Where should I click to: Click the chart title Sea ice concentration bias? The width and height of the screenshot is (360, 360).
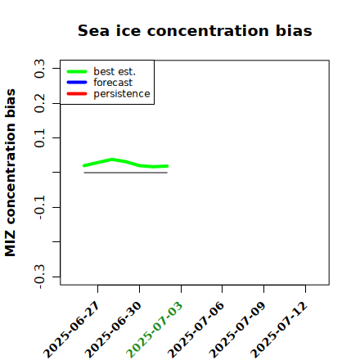(195, 30)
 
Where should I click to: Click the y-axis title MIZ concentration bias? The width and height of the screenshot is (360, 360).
(11, 173)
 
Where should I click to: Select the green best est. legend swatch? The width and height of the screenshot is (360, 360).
(77, 72)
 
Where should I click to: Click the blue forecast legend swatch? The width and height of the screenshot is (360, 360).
(77, 83)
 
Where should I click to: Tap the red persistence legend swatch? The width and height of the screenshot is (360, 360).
(77, 94)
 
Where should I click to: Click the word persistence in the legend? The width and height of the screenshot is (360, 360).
(122, 94)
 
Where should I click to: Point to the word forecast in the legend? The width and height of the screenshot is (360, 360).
(113, 83)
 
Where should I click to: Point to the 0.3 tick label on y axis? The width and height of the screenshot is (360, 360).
(39, 69)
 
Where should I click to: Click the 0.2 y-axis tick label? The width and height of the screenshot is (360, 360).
(39, 103)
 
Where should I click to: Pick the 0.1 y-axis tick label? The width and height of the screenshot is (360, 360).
(39, 138)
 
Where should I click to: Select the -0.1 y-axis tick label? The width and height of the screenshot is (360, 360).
(39, 208)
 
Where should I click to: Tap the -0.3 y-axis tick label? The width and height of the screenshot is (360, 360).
(39, 277)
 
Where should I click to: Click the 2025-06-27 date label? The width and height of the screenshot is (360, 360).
(72, 330)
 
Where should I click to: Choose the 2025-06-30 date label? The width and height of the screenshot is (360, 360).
(113, 330)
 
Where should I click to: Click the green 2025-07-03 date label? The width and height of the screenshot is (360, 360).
(155, 330)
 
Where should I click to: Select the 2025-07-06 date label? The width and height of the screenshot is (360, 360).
(196, 330)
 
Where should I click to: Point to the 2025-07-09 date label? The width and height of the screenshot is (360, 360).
(237, 330)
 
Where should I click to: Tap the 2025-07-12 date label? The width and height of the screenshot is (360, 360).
(279, 330)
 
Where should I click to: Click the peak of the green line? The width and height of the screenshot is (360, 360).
(112, 160)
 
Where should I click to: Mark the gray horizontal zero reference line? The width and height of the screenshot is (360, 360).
(125, 173)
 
